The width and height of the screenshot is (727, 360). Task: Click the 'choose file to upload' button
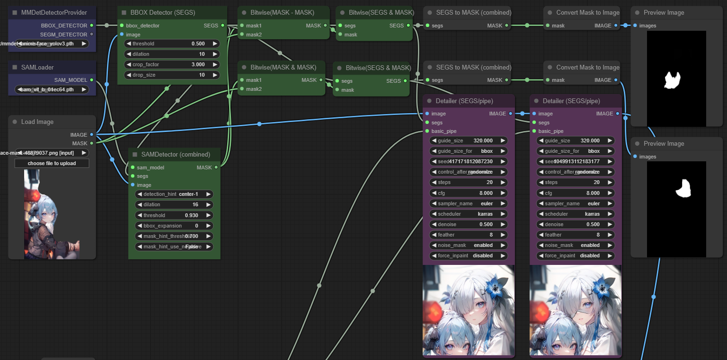pos(52,163)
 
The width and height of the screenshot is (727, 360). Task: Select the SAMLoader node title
pos(37,67)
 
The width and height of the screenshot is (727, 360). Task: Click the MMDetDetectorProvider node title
pos(54,12)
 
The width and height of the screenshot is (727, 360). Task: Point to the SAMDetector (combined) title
pos(176,154)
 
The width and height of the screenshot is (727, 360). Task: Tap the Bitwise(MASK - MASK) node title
pos(282,12)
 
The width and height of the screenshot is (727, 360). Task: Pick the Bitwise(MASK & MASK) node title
pos(283,67)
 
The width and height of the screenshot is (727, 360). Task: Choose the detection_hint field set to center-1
pos(174,194)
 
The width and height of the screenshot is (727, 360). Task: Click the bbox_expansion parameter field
pos(174,226)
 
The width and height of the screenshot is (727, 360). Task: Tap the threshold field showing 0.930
pos(174,215)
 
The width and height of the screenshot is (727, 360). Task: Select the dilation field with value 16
pos(174,204)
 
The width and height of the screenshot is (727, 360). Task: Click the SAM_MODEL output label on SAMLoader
pos(71,80)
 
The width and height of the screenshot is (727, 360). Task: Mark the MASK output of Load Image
pos(80,143)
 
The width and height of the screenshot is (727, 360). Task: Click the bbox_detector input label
pos(142,26)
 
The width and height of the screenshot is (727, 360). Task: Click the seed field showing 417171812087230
pos(469,161)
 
